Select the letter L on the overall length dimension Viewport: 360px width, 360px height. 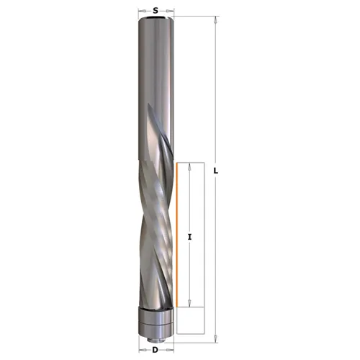coord(217,171)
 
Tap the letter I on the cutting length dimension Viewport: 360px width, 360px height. coord(189,235)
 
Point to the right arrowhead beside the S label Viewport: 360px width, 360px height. coord(171,12)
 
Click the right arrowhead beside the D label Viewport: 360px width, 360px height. coord(171,349)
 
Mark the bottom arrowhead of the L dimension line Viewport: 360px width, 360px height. coord(216,332)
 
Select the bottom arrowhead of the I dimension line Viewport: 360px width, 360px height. coord(189,305)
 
